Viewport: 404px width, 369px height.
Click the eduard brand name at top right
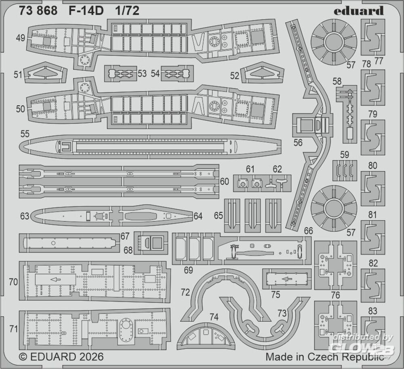pyautogui.click(x=358, y=11)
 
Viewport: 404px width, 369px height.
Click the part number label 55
pyautogui.click(x=24, y=133)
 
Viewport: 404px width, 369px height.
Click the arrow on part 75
pyautogui.click(x=286, y=279)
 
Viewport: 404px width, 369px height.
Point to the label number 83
pyautogui.click(x=373, y=311)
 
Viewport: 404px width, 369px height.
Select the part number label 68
pyautogui.click(x=128, y=250)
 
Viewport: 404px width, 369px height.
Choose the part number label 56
pyautogui.click(x=298, y=142)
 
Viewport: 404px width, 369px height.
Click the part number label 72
pyautogui.click(x=185, y=291)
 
